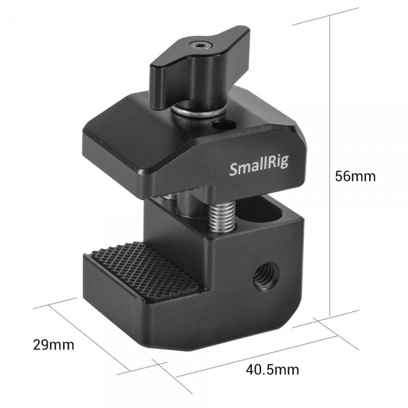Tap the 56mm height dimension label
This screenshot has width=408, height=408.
(x=355, y=176)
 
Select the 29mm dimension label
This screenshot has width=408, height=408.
(x=54, y=345)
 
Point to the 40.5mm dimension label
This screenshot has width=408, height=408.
(x=272, y=370)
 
